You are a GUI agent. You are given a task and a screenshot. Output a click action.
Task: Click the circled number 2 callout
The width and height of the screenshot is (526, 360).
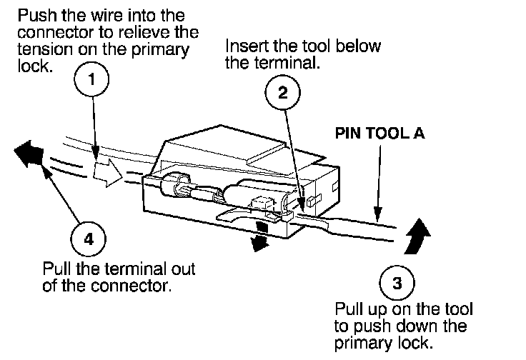[x=283, y=91]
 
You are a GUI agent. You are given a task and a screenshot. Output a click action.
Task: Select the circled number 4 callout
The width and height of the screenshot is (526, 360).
[x=89, y=238]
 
